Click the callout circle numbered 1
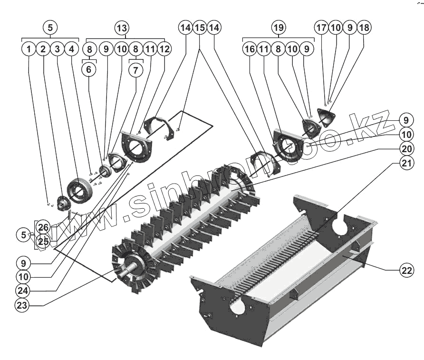(x=29, y=49)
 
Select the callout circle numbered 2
(x=43, y=49)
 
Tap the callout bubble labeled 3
(x=57, y=49)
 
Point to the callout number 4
(x=71, y=49)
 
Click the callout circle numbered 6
(x=89, y=69)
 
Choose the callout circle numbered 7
(x=136, y=69)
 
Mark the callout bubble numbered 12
(x=164, y=49)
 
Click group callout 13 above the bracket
(x=122, y=27)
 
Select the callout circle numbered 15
(x=200, y=28)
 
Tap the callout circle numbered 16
(x=250, y=49)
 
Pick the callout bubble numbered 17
(x=321, y=28)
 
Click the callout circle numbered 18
(x=364, y=28)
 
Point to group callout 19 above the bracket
(x=279, y=27)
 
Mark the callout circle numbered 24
(x=22, y=290)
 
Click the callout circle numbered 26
(x=43, y=226)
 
